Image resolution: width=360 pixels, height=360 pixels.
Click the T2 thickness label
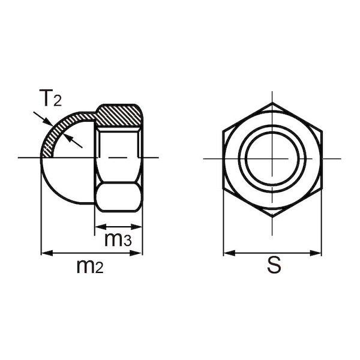coord(50,98)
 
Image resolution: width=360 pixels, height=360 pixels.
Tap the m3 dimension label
coord(118,239)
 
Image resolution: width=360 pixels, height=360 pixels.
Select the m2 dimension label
coord(90,266)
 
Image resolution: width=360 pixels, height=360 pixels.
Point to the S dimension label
coord(274,265)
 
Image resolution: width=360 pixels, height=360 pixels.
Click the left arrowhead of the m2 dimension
coord(47,253)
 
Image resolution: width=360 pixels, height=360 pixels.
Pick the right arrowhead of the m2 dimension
coord(136,253)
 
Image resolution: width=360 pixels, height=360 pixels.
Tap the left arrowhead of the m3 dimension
coord(101,227)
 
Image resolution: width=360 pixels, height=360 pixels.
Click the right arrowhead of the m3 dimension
coord(136,227)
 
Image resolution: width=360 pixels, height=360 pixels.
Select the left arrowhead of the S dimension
coord(229,253)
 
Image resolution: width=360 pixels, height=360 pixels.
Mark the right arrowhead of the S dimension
coord(316,253)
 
